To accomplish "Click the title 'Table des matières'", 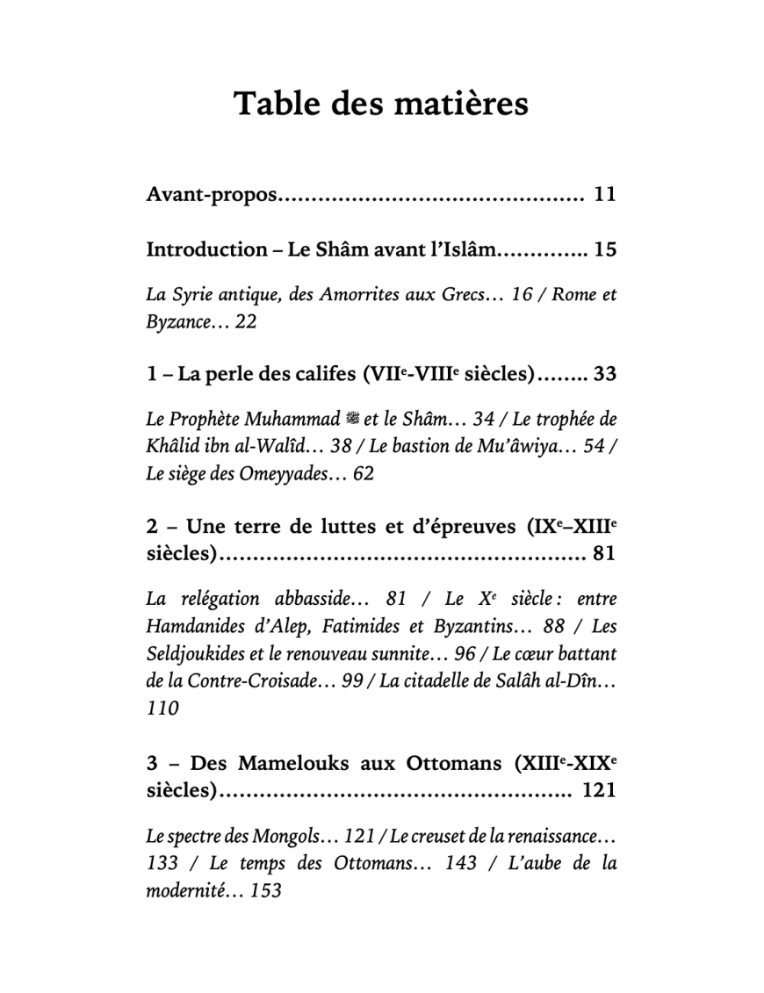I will click(381, 104).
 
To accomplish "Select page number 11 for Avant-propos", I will click(604, 194).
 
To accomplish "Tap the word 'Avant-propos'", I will click(211, 195).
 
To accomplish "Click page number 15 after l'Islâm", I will click(604, 249).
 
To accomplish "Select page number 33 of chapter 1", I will click(604, 375).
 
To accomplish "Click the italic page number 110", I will click(162, 708).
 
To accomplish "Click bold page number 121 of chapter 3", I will click(599, 790).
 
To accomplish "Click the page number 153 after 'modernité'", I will click(264, 890).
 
